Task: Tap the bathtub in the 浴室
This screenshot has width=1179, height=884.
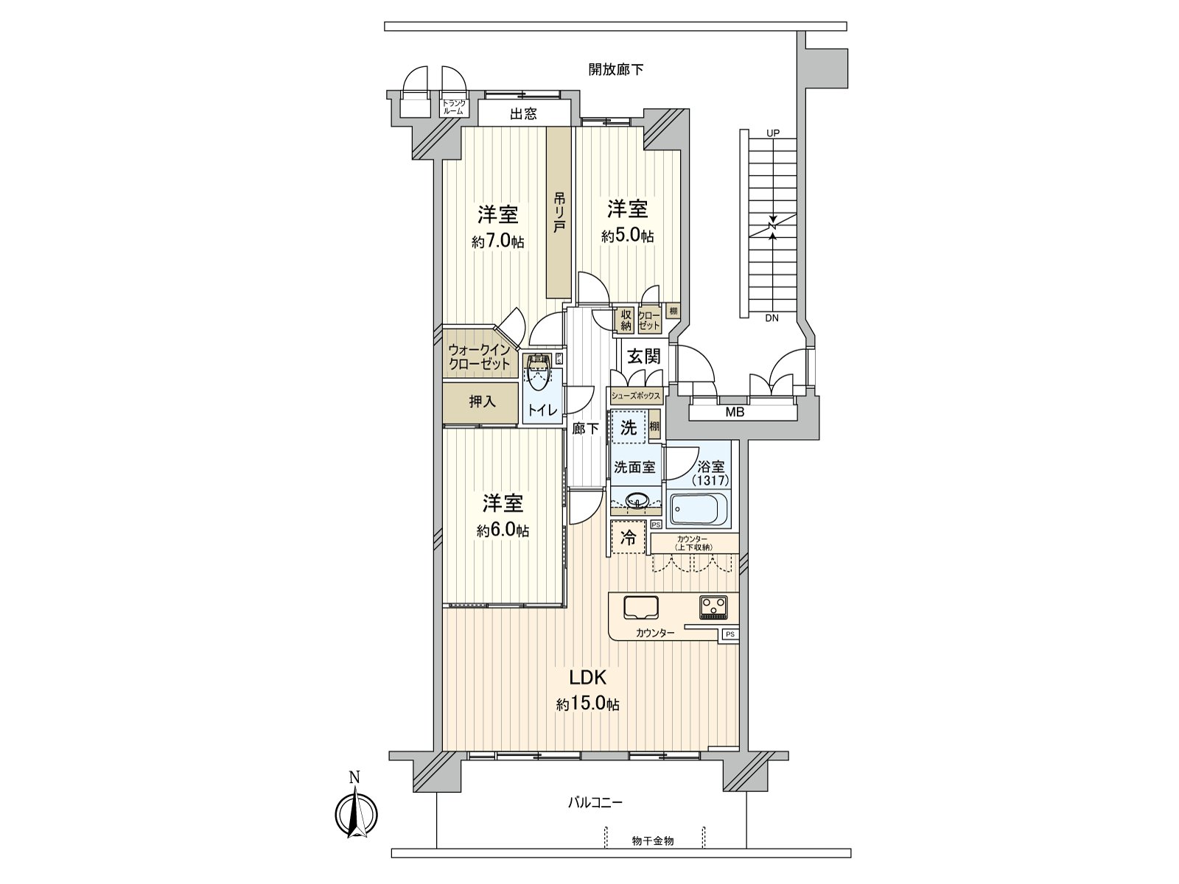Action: (699, 508)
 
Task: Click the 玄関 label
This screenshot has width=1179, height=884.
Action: (643, 357)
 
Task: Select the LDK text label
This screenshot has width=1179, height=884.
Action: (587, 677)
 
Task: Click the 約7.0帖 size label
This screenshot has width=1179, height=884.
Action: (498, 241)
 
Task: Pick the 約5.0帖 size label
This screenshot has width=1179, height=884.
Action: (627, 236)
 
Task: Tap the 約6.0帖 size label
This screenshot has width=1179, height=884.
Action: (503, 530)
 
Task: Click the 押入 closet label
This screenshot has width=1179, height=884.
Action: (483, 401)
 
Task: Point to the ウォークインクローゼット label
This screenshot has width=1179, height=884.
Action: (479, 357)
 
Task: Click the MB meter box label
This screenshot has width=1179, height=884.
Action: (734, 413)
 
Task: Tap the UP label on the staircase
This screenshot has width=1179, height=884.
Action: (772, 133)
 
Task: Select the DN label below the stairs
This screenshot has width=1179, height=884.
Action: (772, 318)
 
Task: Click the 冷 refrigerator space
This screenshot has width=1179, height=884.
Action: (628, 537)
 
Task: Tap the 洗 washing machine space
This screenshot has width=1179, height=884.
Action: (628, 428)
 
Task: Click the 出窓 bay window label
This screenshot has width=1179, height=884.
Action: (523, 113)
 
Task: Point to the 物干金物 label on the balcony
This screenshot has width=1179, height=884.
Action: (653, 841)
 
